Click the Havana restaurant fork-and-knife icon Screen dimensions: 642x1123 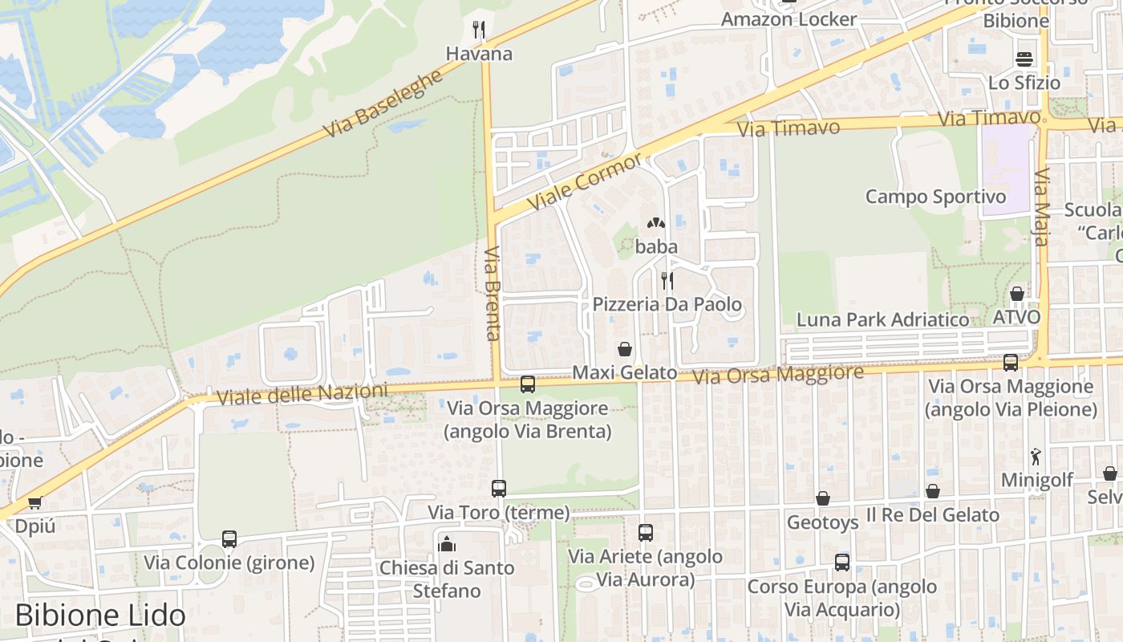click(479, 30)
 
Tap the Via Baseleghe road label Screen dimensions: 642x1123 click(383, 104)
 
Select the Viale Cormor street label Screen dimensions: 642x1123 click(585, 181)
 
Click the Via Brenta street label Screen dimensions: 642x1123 click(493, 293)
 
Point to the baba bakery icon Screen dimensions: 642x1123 click(656, 223)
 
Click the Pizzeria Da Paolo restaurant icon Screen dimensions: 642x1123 click(667, 280)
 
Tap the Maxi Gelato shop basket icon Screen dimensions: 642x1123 click(625, 349)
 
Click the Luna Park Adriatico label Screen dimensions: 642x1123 click(882, 319)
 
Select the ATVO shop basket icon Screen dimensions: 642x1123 click(1016, 294)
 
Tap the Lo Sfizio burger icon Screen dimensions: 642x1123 click(1024, 59)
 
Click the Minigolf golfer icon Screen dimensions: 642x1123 click(1036, 457)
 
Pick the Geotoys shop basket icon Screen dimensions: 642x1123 click(822, 498)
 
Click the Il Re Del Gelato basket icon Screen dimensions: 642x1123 click(932, 491)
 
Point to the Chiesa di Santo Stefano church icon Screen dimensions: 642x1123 click(447, 543)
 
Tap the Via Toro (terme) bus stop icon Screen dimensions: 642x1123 click(498, 488)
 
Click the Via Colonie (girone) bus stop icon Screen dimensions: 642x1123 click(229, 538)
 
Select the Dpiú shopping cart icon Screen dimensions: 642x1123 click(34, 503)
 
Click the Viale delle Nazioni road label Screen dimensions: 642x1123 click(302, 394)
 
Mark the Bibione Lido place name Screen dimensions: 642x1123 click(100, 616)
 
